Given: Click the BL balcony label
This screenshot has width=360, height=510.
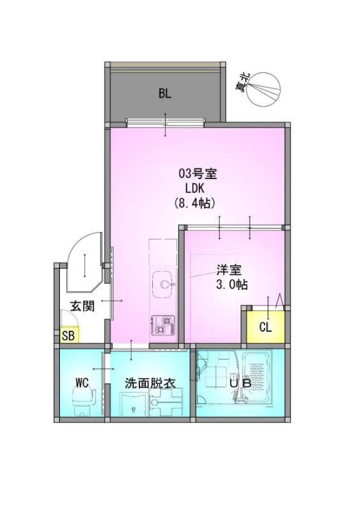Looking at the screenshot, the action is pyautogui.click(x=165, y=94).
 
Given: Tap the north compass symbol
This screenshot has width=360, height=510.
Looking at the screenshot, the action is pyautogui.click(x=263, y=89).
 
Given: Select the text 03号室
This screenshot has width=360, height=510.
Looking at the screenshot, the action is pyautogui.click(x=198, y=174).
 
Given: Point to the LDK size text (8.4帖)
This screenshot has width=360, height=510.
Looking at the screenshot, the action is pyautogui.click(x=195, y=203).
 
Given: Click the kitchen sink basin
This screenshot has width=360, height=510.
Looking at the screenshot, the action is pyautogui.click(x=164, y=284).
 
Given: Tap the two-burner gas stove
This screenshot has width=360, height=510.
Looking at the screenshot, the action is pyautogui.click(x=163, y=325).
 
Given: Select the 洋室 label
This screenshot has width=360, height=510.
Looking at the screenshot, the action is pyautogui.click(x=229, y=270).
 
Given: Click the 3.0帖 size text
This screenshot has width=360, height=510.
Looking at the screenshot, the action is pyautogui.click(x=232, y=284).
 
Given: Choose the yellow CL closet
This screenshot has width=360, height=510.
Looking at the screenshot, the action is pyautogui.click(x=266, y=327).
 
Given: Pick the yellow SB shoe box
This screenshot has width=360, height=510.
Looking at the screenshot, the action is pyautogui.click(x=69, y=335).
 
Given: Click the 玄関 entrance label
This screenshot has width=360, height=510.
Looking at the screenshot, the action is pyautogui.click(x=83, y=306).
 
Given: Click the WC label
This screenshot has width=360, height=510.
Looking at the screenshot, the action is pyautogui.click(x=82, y=382).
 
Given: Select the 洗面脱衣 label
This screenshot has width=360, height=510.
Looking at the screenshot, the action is pyautogui.click(x=150, y=383).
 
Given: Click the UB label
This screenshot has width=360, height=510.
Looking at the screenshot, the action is pyautogui.click(x=240, y=383).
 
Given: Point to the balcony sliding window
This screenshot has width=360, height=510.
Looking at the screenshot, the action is pyautogui.click(x=166, y=123).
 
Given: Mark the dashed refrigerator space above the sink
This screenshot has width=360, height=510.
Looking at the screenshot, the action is pyautogui.click(x=163, y=252).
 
